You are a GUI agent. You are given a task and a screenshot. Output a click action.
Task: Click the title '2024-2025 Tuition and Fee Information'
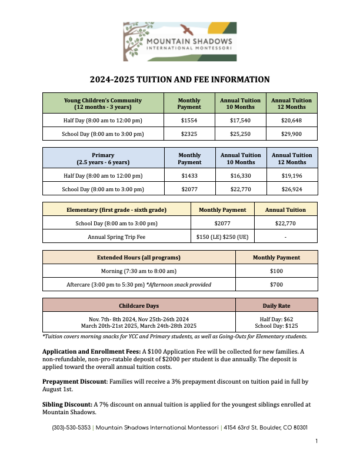coord(179,79)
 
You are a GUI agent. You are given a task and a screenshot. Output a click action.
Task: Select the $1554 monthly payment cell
coord(189,120)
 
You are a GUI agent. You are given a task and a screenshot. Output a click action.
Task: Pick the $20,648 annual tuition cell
coord(292,120)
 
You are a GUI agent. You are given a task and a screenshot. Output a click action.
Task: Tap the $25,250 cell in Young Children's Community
coord(240,134)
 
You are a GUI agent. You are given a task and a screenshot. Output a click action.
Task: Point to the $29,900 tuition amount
coord(292,134)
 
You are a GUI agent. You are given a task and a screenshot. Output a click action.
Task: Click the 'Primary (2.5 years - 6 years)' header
coord(103,158)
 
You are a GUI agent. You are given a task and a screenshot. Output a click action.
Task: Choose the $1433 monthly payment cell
coord(189,175)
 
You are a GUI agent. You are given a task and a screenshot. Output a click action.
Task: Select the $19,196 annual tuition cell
coord(292,175)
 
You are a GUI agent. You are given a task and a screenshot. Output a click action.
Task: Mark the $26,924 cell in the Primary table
coord(292,189)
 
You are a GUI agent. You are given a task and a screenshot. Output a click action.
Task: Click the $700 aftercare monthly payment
coord(276,285)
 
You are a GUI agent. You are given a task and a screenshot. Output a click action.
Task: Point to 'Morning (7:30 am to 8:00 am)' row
coord(139,271)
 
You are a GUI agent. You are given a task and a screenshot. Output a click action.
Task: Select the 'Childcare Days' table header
coord(139,306)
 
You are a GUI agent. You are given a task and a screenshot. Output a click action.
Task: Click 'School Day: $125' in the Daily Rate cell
coord(276,325)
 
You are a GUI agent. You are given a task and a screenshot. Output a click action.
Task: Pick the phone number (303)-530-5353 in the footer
coord(71,428)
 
